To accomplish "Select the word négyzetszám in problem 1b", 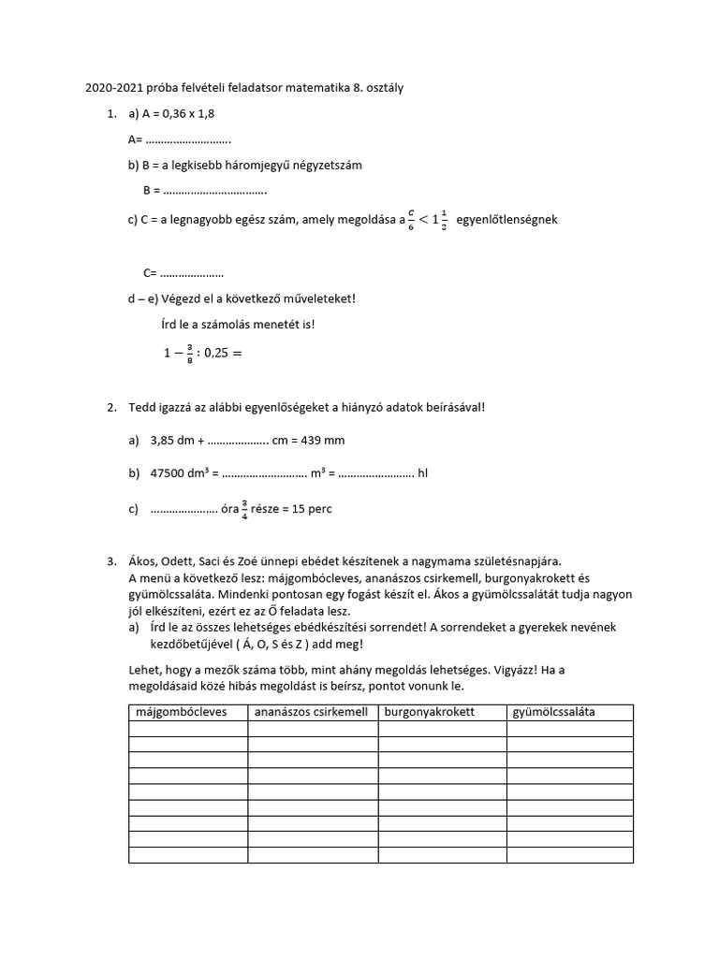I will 320,165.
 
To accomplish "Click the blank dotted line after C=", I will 191,274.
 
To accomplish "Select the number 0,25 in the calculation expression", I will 207,354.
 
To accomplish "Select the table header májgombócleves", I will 182,712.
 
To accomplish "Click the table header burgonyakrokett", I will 429,712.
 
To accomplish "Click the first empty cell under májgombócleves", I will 187,729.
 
